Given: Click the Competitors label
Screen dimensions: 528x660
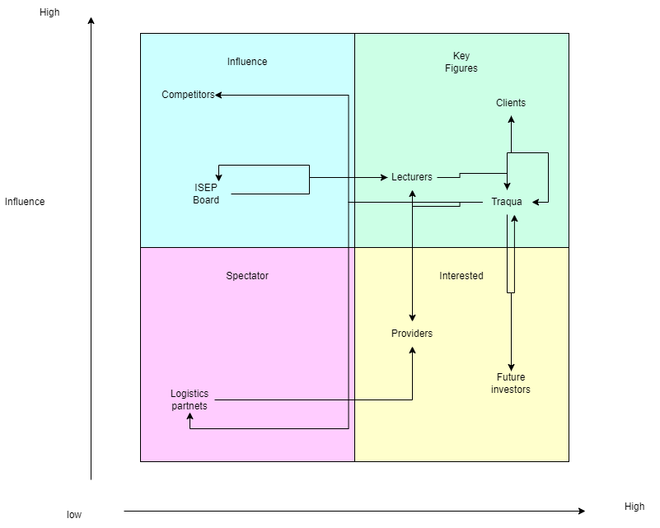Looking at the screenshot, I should click(188, 95).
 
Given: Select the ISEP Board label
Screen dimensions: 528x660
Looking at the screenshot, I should click(206, 194).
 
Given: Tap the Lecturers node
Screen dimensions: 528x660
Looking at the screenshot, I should click(412, 177).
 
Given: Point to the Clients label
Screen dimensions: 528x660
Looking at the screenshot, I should click(511, 103).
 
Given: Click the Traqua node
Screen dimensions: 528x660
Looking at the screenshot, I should click(507, 202).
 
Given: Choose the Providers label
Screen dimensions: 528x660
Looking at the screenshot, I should click(412, 334).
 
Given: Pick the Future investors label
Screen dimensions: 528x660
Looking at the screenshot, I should click(511, 383).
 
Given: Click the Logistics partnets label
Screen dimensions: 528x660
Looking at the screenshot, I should click(190, 400).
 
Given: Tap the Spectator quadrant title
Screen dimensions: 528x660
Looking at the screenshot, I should click(247, 276).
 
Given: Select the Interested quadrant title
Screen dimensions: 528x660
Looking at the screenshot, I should click(461, 276).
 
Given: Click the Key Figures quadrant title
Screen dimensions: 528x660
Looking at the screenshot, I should click(461, 62).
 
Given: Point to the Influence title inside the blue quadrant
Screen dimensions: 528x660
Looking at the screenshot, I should click(247, 62).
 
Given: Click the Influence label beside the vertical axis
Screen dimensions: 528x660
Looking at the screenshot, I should click(25, 202).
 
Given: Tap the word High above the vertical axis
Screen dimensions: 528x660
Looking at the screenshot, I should click(49, 12).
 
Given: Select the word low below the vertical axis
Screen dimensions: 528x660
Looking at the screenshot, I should click(74, 515).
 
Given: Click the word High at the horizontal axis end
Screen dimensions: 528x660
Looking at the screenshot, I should click(634, 507).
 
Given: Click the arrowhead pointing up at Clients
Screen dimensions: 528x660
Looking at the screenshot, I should click(511, 119).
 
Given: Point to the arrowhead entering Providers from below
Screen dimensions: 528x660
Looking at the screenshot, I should click(412, 350).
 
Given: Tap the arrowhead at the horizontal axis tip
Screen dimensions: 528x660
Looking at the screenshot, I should click(581, 511).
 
